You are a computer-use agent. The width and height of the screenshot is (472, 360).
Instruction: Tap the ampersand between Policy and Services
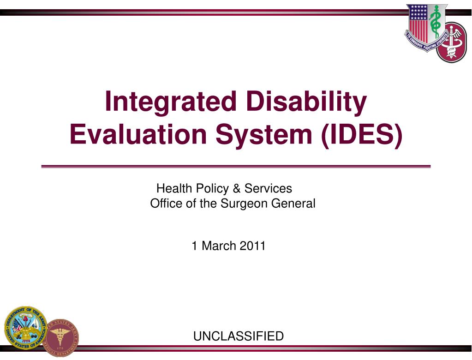pyautogui.click(x=237, y=188)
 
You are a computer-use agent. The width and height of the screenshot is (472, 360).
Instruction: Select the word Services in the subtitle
pyautogui.click(x=268, y=188)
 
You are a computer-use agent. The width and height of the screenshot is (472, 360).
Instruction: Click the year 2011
pyautogui.click(x=252, y=246)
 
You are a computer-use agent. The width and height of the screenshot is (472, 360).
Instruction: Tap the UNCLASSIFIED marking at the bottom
pyautogui.click(x=238, y=336)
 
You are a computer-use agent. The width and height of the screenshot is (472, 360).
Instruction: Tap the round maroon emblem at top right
pyautogui.click(x=452, y=42)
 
